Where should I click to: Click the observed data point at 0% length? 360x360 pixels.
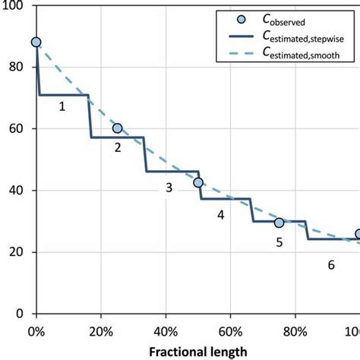[x=36, y=43]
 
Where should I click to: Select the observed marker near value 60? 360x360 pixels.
[x=117, y=128]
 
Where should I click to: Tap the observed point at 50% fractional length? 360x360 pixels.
[x=198, y=182]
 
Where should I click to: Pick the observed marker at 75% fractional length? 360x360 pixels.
[x=279, y=223]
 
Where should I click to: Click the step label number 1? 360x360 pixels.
[x=62, y=107]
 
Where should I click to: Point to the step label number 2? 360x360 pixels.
[x=118, y=148]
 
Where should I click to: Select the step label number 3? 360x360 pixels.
[x=169, y=188]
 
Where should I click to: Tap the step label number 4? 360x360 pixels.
[x=220, y=216]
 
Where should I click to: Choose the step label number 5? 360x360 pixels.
[x=279, y=242]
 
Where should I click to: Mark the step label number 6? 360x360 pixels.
[x=330, y=265]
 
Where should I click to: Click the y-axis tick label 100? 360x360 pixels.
[x=14, y=5]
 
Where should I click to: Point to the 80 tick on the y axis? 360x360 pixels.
[x=17, y=67]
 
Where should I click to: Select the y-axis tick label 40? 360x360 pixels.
[x=17, y=190]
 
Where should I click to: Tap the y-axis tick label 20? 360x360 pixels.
[x=17, y=252]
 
